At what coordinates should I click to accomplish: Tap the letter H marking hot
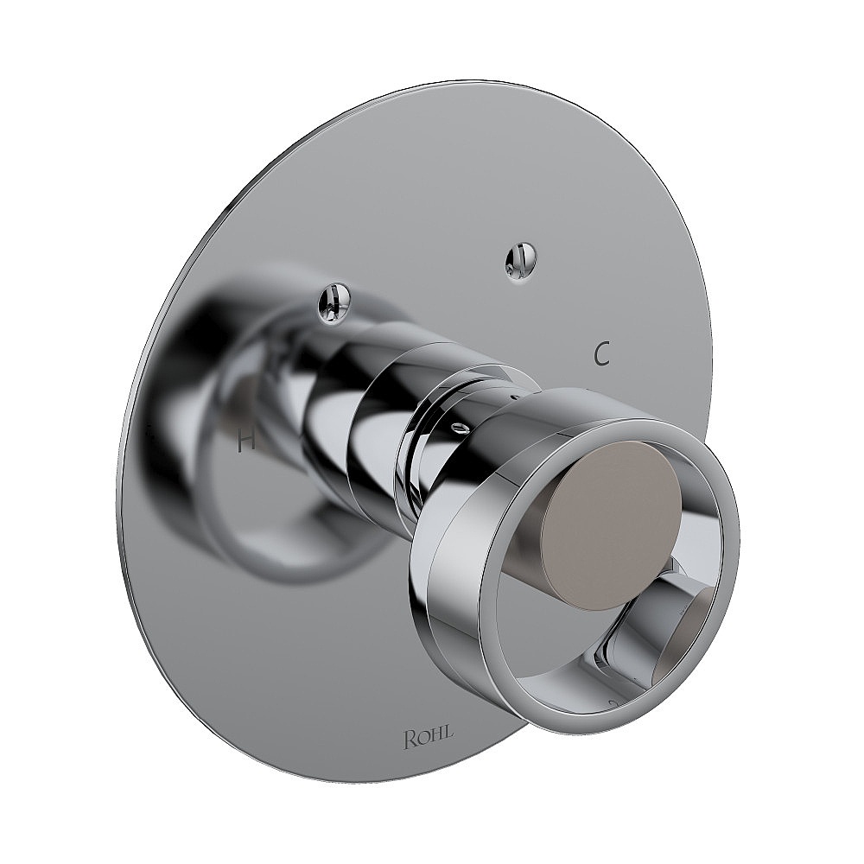(x=246, y=442)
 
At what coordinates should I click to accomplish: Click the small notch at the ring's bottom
(x=611, y=704)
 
